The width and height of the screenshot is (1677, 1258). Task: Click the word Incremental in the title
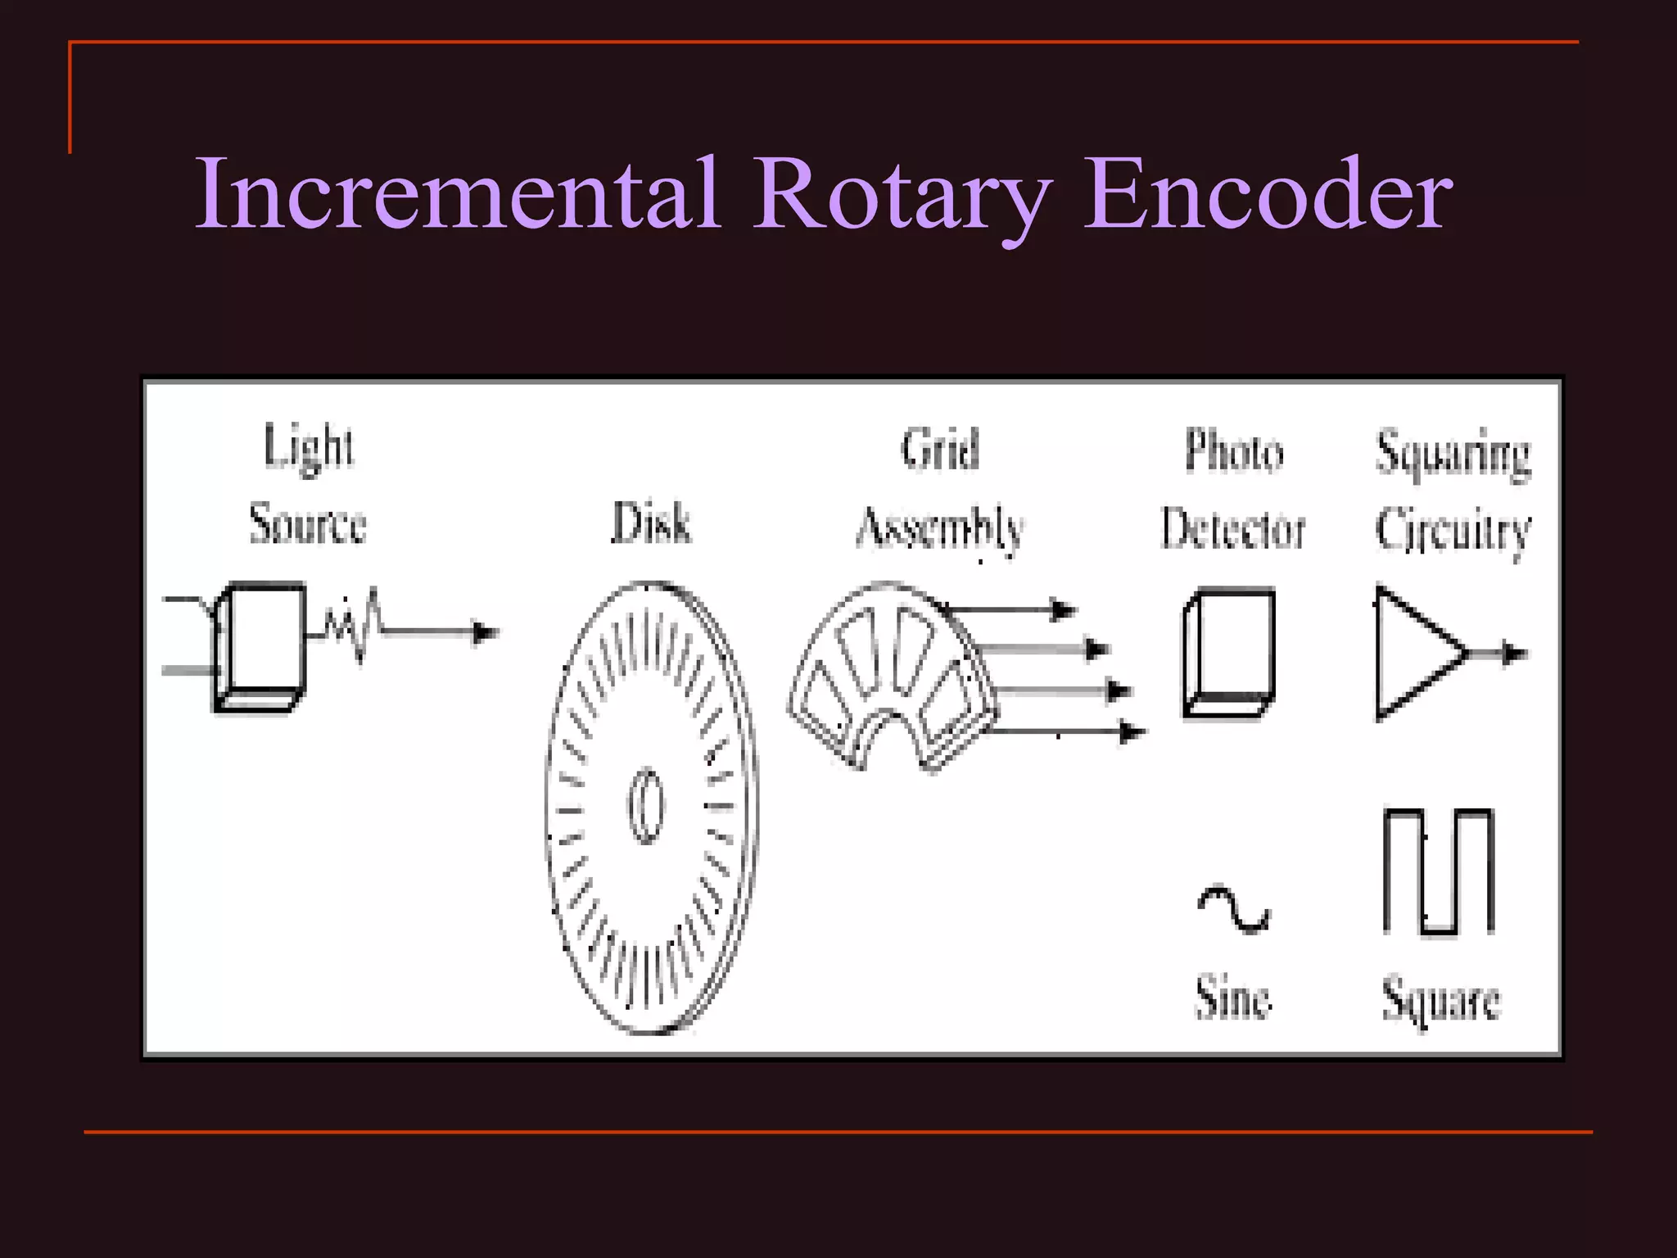click(459, 195)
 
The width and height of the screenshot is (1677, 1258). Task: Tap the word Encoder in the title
click(1268, 195)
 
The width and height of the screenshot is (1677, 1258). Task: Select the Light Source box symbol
click(260, 647)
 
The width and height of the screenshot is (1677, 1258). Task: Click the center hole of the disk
click(646, 806)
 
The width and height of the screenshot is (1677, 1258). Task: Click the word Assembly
click(940, 527)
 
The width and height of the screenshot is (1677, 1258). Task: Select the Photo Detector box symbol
click(1228, 652)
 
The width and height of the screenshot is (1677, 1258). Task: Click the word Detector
click(1233, 527)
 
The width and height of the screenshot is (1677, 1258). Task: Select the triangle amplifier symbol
click(1417, 654)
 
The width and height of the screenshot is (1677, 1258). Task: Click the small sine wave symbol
click(1233, 909)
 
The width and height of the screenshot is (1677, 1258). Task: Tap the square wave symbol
click(1439, 871)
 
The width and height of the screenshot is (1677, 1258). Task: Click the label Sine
click(1233, 998)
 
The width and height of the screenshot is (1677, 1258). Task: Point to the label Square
click(1441, 999)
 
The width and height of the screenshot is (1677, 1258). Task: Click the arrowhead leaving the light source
click(486, 632)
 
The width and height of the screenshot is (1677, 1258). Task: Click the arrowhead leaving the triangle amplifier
click(1516, 654)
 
